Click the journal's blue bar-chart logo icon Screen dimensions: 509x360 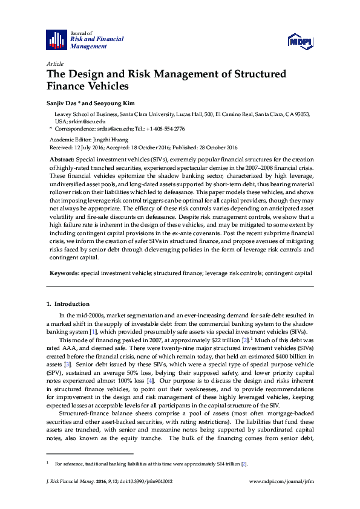(57, 39)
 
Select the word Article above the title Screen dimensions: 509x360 (54, 63)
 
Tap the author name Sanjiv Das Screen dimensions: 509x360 (62, 103)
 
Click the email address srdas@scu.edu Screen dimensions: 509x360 (110, 129)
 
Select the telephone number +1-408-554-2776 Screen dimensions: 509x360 (163, 129)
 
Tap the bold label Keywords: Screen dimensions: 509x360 (64, 273)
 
